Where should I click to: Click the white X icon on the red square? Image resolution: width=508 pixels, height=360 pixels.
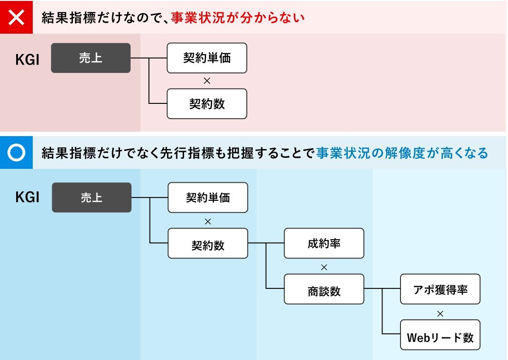(x=16, y=17)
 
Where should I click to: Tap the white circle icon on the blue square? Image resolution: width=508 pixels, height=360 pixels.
(x=16, y=153)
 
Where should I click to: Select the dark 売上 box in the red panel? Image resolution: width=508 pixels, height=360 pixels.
(x=91, y=58)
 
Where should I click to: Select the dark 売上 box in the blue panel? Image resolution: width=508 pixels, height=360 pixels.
(x=92, y=198)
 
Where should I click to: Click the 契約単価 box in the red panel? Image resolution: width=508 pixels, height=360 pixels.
(x=207, y=58)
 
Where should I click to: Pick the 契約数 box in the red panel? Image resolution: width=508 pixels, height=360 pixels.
(x=207, y=104)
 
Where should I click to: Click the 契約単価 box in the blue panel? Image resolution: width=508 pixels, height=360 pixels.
(x=208, y=198)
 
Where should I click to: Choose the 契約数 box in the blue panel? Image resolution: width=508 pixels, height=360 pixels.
(x=208, y=243)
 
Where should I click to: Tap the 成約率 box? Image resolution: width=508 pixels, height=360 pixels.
(x=324, y=243)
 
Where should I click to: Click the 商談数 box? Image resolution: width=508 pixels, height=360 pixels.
(x=324, y=289)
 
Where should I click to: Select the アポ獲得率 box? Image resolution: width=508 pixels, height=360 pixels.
(x=440, y=289)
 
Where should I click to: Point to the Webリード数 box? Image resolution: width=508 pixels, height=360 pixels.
(x=440, y=335)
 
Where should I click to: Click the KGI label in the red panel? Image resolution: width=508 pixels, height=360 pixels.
(x=28, y=60)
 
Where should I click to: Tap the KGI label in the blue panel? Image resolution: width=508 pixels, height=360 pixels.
(x=28, y=197)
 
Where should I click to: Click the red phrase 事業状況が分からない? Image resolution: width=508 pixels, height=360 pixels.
(x=238, y=18)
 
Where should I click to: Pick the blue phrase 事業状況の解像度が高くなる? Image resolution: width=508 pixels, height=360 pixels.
(x=402, y=153)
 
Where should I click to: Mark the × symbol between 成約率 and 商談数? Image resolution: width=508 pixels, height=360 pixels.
(x=324, y=267)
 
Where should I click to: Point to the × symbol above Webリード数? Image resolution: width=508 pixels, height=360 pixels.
(x=440, y=314)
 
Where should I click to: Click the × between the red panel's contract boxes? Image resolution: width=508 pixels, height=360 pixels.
(x=207, y=81)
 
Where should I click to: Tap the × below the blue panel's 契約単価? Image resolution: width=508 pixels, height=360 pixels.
(x=208, y=222)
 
